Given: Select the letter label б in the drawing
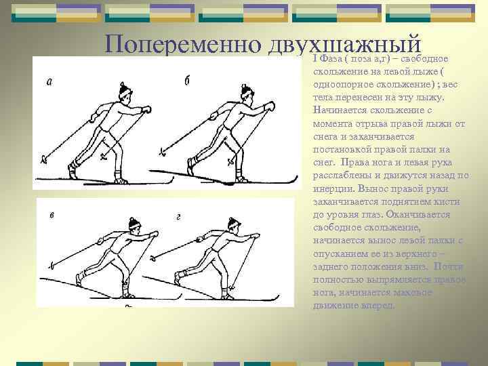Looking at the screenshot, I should [186, 81].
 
